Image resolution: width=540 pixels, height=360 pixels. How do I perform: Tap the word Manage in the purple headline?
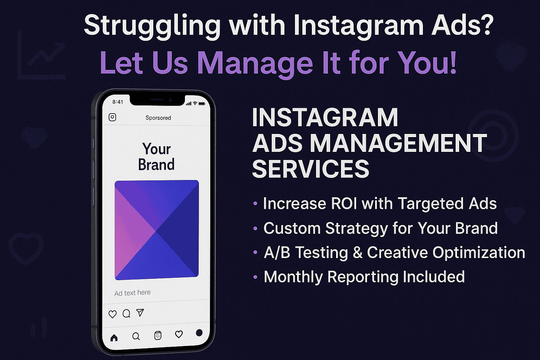tap(255, 63)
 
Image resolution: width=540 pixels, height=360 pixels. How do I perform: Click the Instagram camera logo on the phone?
tap(112, 117)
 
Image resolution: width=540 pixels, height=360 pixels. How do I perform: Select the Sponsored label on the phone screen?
tap(158, 118)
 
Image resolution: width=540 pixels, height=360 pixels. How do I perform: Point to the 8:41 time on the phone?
tap(118, 102)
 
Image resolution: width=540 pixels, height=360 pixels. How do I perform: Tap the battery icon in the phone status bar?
tap(202, 103)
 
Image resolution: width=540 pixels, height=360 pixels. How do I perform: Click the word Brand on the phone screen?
tap(156, 165)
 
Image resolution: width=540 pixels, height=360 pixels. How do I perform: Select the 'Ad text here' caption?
tap(132, 293)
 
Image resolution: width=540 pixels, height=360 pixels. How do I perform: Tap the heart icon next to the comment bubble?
tap(112, 314)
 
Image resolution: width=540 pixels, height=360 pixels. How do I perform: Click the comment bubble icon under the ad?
tap(126, 314)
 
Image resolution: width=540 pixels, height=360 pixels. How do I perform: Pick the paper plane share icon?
tap(140, 313)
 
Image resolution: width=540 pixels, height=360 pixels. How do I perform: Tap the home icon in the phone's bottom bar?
tap(114, 338)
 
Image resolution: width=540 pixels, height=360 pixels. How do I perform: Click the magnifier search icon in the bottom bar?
tap(136, 336)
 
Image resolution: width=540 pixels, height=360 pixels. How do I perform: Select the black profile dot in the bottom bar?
tap(199, 333)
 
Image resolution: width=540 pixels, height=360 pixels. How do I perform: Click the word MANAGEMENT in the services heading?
tap(398, 143)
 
